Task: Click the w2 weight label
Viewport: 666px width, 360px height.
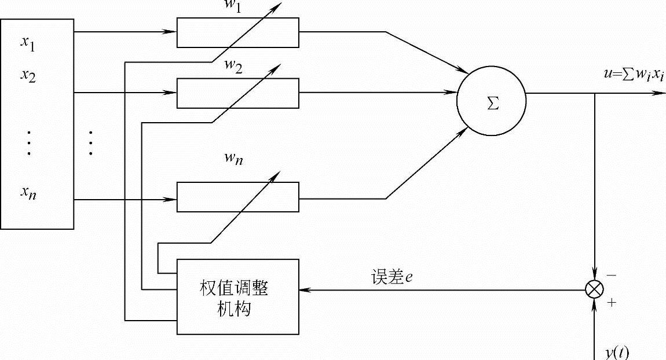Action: [x=233, y=65]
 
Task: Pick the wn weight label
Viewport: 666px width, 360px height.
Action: [x=234, y=158]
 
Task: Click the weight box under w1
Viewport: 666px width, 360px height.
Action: [x=238, y=32]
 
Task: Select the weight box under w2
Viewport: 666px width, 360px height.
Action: [x=238, y=93]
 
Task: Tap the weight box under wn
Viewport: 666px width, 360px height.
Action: [x=238, y=197]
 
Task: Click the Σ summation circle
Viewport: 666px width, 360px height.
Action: [x=492, y=101]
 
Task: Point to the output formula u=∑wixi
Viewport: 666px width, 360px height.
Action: [x=633, y=76]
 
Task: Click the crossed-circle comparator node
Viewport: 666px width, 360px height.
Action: [x=595, y=289]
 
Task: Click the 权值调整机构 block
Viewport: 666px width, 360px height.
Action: [x=238, y=297]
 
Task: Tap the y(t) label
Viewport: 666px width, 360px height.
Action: [x=617, y=352]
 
